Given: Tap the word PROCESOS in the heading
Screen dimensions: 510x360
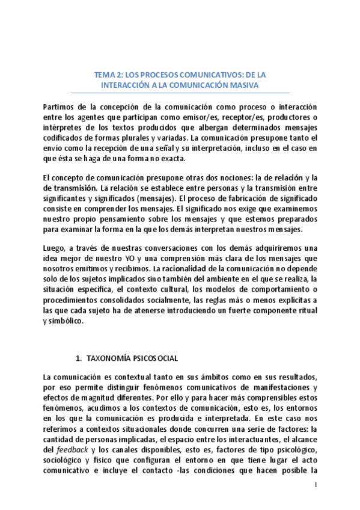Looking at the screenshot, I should pyautogui.click(x=158, y=75).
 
